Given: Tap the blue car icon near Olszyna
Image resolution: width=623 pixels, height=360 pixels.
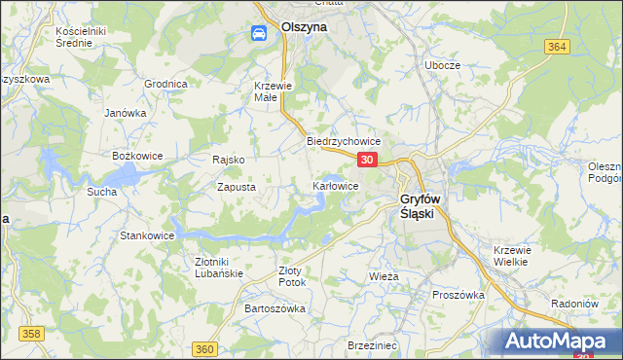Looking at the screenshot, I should coord(259,34).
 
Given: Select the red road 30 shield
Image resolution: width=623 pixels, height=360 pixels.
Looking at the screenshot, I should coord(367,160).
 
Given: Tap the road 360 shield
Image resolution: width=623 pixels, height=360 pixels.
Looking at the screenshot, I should coord(203,349).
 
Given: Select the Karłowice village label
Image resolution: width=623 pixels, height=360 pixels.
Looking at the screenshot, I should coord(336,185).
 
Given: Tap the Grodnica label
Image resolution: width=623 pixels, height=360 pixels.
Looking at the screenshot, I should coord(165,84).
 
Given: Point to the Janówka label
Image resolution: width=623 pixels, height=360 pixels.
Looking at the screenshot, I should coord(125,112).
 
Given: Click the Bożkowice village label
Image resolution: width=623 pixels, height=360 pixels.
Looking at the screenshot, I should coord(135,156).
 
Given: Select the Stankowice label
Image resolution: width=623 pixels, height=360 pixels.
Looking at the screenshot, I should coord(146,235).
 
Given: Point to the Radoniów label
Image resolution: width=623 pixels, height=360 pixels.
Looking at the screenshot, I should coord(574,302).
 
